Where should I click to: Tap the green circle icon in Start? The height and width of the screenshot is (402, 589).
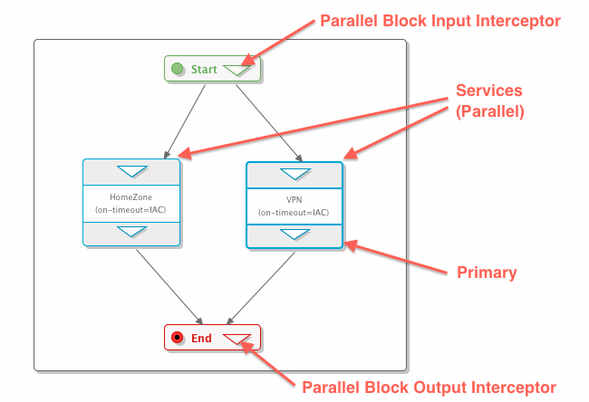coord(179,69)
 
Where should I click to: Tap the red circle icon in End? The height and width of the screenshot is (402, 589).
coord(179,338)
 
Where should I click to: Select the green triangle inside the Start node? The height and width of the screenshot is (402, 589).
coord(237,69)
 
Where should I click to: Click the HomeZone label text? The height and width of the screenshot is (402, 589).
coord(131,196)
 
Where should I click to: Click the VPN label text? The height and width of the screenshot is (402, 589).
coord(294,197)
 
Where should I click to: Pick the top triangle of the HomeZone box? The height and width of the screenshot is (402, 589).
coord(131,171)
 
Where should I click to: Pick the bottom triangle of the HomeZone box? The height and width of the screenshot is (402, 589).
coord(131,232)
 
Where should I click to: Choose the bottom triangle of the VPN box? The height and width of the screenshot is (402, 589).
coord(294,234)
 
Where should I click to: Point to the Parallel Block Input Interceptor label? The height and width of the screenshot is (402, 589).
coord(441,21)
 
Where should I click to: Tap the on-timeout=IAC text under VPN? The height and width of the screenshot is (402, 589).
coord(294,213)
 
